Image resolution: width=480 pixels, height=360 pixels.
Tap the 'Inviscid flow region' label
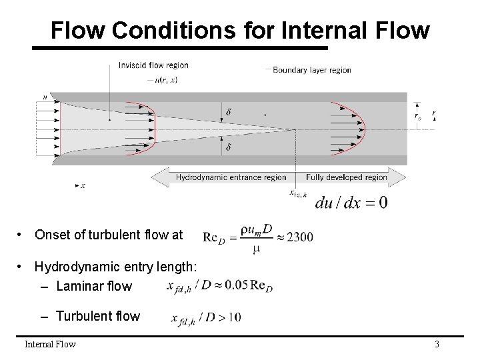tap(153, 65)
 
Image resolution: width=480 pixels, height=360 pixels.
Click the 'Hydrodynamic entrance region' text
tap(231, 177)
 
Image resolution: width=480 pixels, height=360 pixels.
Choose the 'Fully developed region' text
tap(347, 177)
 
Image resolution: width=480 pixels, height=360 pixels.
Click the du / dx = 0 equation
tap(351, 202)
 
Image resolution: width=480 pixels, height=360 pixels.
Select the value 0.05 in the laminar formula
tap(236, 285)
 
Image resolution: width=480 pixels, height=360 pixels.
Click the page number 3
tap(437, 344)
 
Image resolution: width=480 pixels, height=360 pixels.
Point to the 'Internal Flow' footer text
tap(50, 344)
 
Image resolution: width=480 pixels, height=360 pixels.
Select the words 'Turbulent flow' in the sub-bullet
tap(98, 316)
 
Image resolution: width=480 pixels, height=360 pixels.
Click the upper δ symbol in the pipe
tap(229, 112)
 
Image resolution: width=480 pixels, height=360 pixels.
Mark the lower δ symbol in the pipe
tap(229, 147)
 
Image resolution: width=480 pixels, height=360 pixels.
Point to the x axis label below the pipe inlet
tap(82, 185)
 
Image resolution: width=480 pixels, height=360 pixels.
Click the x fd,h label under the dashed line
tap(297, 193)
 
